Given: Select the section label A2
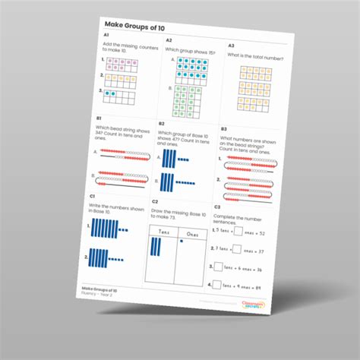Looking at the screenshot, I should click(x=169, y=40).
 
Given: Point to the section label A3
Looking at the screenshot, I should click(x=231, y=46).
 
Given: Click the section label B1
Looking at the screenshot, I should click(x=99, y=118).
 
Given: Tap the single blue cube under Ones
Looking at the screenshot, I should click(x=183, y=241).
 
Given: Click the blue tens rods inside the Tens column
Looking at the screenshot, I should click(x=156, y=249).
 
